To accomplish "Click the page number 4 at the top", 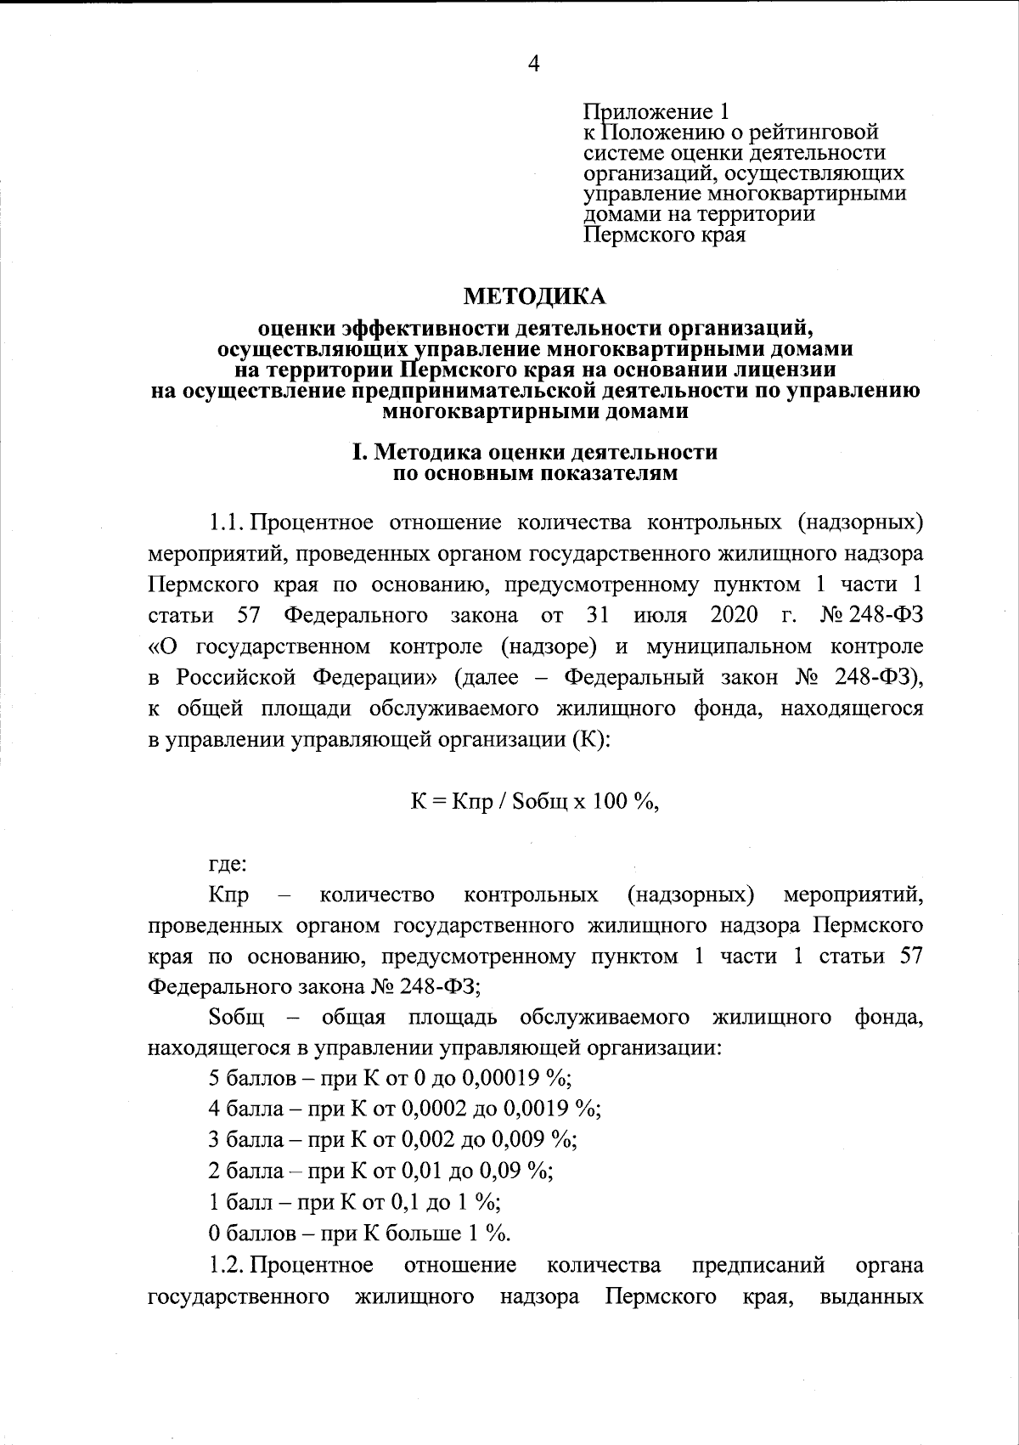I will coord(534,64).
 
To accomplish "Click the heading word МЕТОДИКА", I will coord(534,296).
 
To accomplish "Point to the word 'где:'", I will coord(228,865).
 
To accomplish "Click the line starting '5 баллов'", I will coord(391,1079).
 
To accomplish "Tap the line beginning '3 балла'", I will coord(393,1140).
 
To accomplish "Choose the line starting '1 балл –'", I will coord(354,1202).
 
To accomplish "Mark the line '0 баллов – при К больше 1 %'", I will coord(359,1232).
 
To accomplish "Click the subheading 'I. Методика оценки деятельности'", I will coord(534,453).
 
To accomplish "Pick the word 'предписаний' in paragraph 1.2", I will coord(758,1266).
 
